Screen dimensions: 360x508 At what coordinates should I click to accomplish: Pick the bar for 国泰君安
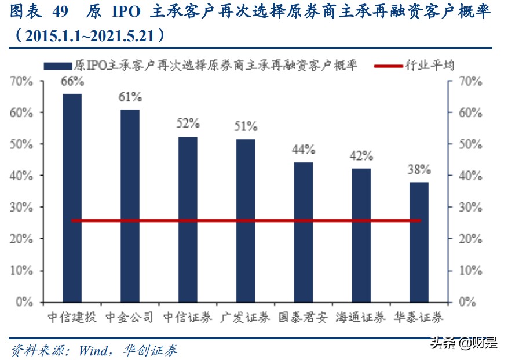[x=303, y=232]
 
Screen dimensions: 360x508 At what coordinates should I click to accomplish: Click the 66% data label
[x=72, y=82]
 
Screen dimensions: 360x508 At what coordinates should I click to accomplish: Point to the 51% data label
[x=246, y=126]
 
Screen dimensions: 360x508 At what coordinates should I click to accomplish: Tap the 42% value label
[x=361, y=156]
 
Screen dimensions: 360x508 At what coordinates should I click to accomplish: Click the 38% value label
[x=419, y=170]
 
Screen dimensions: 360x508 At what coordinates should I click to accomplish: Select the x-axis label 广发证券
[x=246, y=318]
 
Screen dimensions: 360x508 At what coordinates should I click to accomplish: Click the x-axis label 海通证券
[x=361, y=318]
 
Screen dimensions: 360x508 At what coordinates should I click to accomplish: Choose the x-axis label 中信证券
[x=188, y=318]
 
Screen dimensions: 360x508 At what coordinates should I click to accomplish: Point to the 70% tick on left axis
[x=22, y=82]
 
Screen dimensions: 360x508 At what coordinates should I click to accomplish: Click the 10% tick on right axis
[x=470, y=271]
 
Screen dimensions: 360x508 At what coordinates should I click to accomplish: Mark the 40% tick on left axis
[x=22, y=176]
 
